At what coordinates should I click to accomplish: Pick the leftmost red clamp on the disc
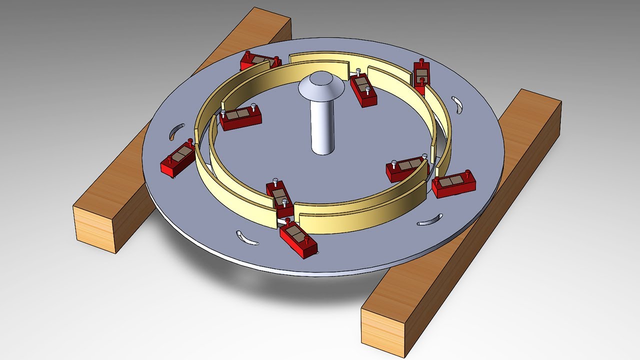click(x=178, y=159)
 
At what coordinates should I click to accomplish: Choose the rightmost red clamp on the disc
click(x=453, y=183)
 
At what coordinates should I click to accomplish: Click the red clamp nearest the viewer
click(x=298, y=239)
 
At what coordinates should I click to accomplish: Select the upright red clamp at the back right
click(x=421, y=77)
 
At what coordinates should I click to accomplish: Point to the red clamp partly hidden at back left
click(x=258, y=62)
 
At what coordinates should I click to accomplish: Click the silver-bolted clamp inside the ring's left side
click(x=240, y=117)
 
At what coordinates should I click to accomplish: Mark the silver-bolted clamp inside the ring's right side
click(x=406, y=169)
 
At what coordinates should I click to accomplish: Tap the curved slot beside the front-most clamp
click(x=247, y=238)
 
